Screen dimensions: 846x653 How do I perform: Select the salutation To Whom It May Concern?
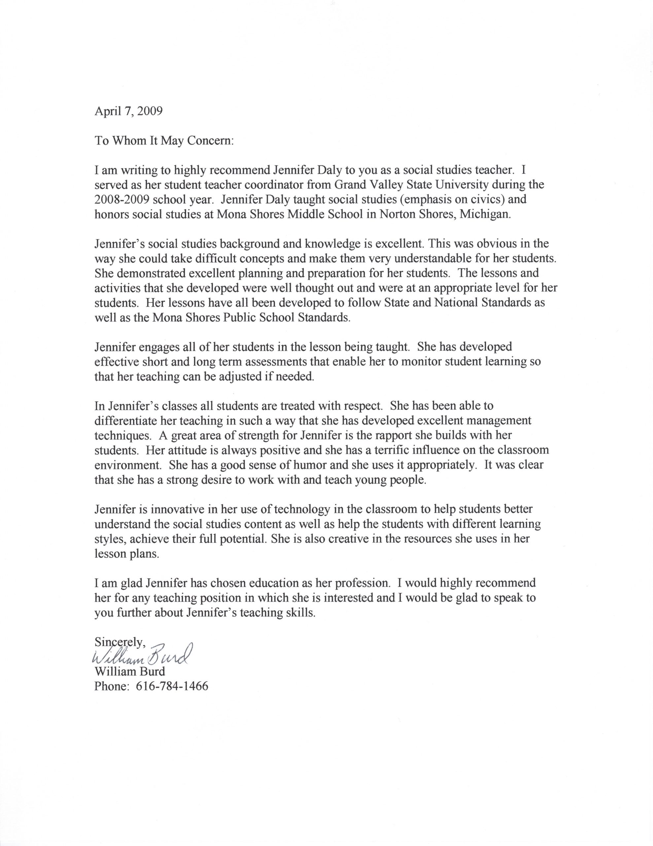point(164,140)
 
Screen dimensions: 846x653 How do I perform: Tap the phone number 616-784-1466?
point(172,686)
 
